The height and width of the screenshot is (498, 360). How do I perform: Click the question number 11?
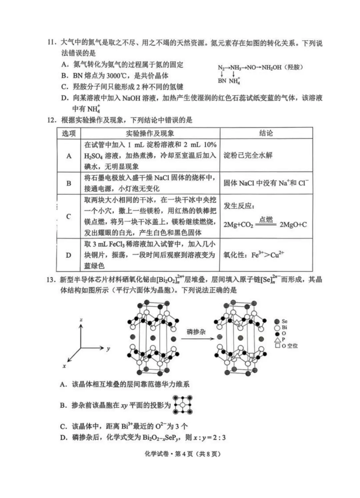click(x=51, y=43)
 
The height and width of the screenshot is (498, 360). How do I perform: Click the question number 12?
click(x=52, y=120)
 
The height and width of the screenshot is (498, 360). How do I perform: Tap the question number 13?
click(x=51, y=280)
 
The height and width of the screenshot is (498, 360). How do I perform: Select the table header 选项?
click(x=69, y=133)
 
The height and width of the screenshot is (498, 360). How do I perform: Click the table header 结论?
click(x=266, y=133)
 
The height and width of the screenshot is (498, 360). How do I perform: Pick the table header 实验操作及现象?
click(x=150, y=133)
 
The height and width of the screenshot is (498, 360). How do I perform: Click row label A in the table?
click(x=69, y=156)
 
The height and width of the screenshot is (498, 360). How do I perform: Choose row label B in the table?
click(x=69, y=183)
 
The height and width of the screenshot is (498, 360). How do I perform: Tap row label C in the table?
click(x=69, y=217)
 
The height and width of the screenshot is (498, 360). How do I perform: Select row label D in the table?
click(x=69, y=255)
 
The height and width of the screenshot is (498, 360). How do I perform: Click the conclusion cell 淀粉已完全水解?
click(x=248, y=155)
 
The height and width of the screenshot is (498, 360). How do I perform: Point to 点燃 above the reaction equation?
click(x=266, y=219)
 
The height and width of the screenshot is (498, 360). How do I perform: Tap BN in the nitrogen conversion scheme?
click(x=222, y=81)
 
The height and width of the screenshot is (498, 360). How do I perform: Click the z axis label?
click(x=81, y=320)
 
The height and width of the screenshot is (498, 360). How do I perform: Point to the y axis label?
click(x=108, y=349)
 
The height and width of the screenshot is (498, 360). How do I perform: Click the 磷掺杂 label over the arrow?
click(x=196, y=332)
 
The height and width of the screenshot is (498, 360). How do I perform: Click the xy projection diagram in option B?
click(x=183, y=405)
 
